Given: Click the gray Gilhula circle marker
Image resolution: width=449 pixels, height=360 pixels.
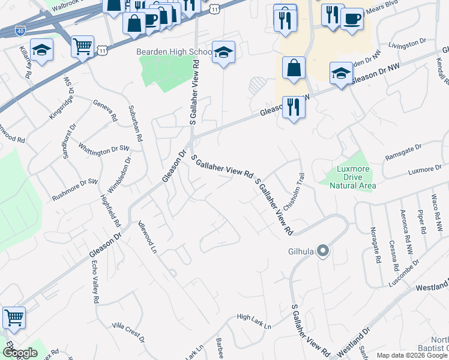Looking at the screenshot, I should [323, 250].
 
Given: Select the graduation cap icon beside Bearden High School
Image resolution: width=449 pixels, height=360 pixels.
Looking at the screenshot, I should [223, 53].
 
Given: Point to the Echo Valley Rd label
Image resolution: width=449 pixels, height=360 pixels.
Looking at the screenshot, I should [95, 282].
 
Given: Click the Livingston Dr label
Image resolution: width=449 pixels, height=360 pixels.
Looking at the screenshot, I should [408, 43].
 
